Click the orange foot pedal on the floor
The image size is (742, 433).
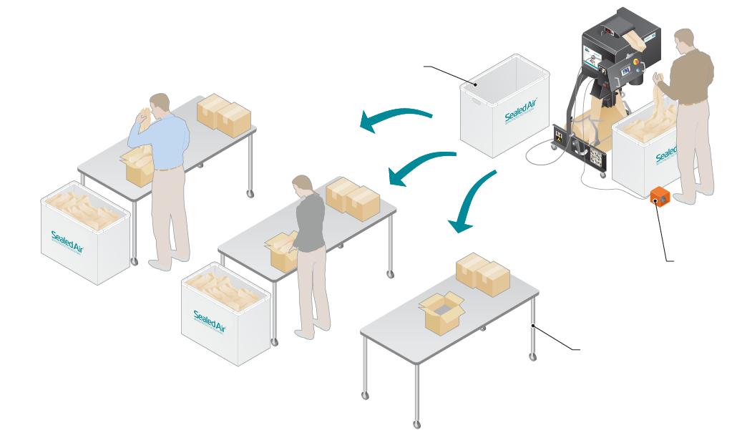pos(659,198)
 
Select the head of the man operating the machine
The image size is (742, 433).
pos(685,42)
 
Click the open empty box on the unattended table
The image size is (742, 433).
pos(441,312)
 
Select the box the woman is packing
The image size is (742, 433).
pos(283,253)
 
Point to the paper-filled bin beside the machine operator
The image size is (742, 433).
pos(651,154)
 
